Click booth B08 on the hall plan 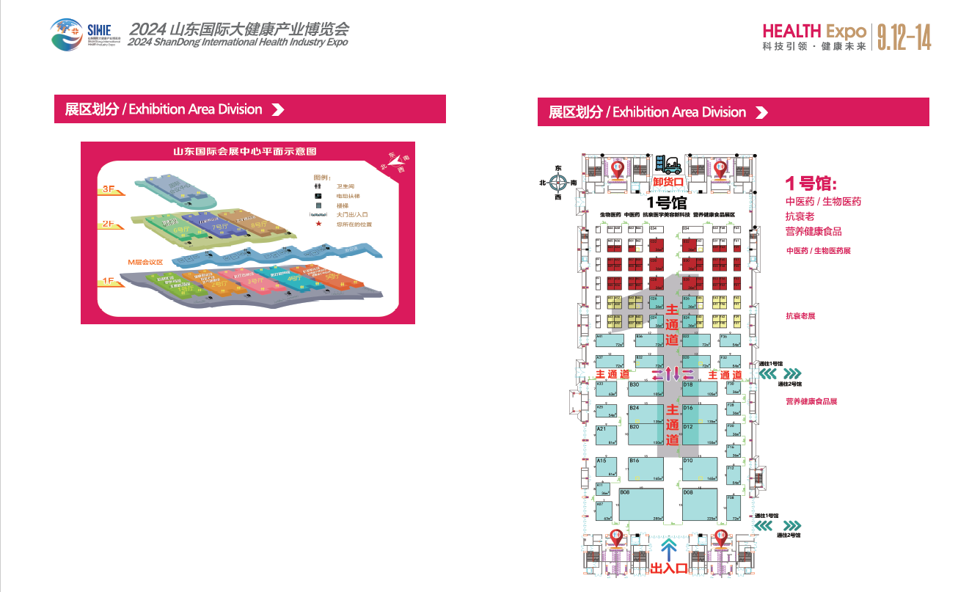[x=642, y=505]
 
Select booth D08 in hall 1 [x=700, y=505]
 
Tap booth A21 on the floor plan [x=605, y=434]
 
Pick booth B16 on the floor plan [x=646, y=469]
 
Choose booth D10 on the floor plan [x=700, y=469]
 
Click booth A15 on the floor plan [x=605, y=467]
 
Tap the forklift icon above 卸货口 [x=668, y=165]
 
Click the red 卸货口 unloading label [x=668, y=182]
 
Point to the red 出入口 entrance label [x=668, y=567]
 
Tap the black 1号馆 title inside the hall [x=666, y=202]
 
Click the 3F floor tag [x=111, y=190]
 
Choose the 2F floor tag [x=111, y=224]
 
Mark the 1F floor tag [x=111, y=281]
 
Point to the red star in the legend [x=318, y=224]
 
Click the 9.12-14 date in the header [x=903, y=37]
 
